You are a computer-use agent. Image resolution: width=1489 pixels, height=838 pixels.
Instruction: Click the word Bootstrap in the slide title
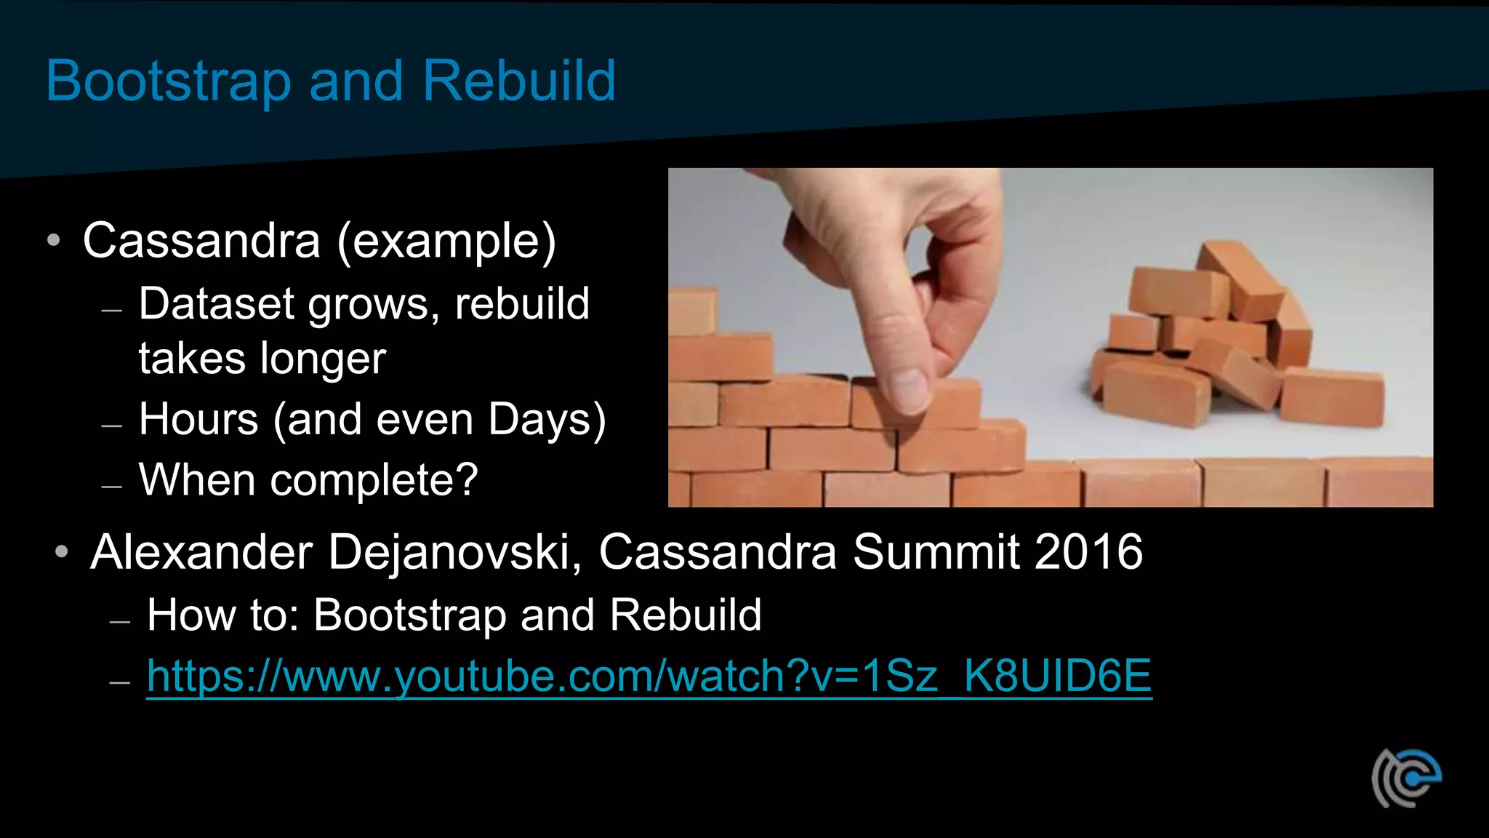(x=168, y=81)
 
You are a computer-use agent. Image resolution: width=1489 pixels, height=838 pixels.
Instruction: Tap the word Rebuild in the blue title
(x=518, y=80)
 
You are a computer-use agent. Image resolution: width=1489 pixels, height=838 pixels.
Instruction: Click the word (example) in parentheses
(x=446, y=242)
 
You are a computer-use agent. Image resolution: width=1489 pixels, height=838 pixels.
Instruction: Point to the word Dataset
(x=216, y=303)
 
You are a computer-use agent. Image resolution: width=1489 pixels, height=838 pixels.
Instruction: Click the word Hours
(x=198, y=419)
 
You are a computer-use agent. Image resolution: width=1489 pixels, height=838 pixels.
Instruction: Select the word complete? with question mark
(x=374, y=480)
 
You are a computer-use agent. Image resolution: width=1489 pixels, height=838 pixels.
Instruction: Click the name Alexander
(x=201, y=552)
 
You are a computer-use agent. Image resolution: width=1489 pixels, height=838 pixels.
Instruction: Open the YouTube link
(x=649, y=677)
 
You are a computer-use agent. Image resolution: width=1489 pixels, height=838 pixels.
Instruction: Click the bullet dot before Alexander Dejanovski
(x=62, y=553)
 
